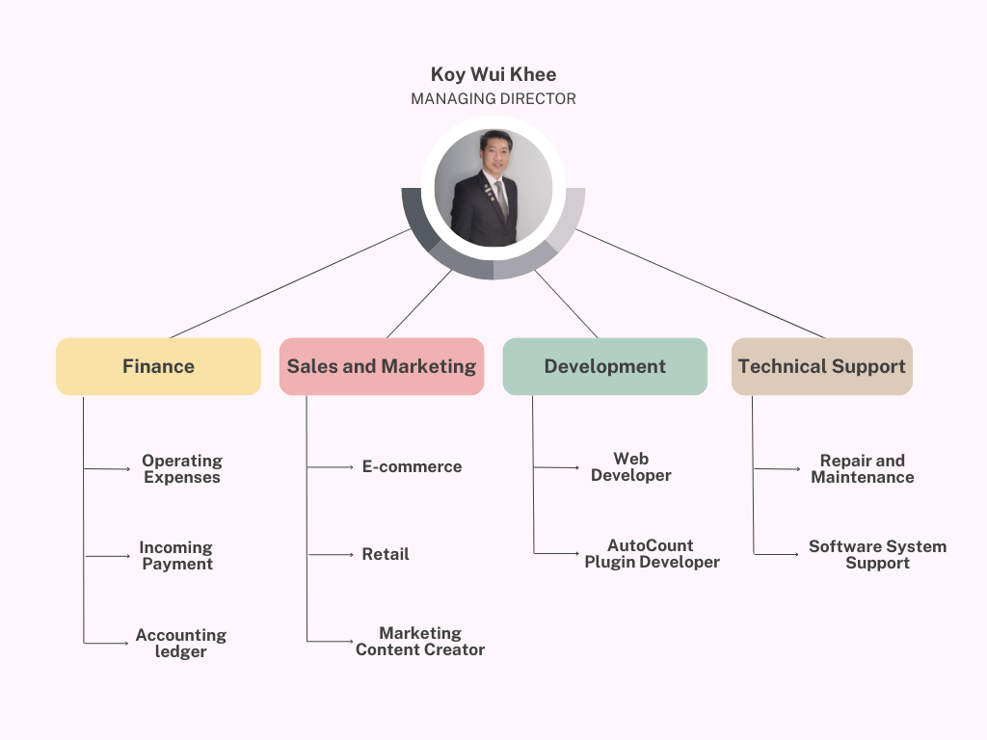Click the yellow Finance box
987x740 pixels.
point(158,366)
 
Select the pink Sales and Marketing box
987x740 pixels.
point(382,366)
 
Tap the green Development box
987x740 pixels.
point(604,366)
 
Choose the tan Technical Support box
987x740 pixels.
point(821,366)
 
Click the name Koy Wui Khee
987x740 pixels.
point(493,74)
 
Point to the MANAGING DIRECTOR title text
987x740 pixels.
point(493,98)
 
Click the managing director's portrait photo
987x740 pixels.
point(493,188)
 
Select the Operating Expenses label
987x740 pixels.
point(182,469)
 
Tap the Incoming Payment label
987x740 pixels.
point(176,556)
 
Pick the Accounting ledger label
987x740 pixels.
point(181,644)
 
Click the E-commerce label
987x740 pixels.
point(412,466)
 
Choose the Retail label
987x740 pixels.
point(386,554)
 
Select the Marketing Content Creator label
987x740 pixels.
point(420,642)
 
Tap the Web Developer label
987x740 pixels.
point(631,467)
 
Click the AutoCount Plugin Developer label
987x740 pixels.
point(652,554)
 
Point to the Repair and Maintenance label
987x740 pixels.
point(863,469)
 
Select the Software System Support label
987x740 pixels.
point(877,555)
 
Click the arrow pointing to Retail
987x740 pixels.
point(332,554)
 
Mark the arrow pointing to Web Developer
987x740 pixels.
point(557,467)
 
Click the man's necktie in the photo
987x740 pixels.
point(500,198)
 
